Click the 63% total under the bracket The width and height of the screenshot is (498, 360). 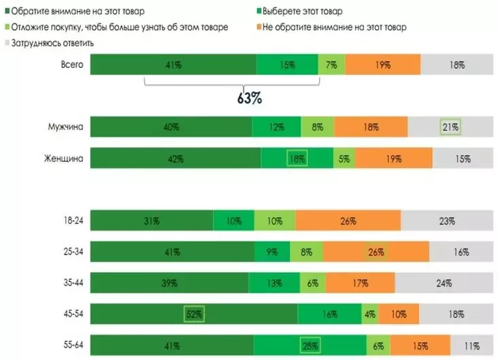pos(249,98)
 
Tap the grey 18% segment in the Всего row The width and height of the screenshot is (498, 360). pos(456,65)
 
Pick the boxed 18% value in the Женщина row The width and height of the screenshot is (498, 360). pos(297,159)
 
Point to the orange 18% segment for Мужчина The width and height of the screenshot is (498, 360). pos(371,127)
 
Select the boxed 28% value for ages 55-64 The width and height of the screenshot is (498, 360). pos(311,345)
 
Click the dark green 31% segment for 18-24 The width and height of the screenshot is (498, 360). pos(151,220)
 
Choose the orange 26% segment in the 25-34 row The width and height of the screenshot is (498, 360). pos(375,252)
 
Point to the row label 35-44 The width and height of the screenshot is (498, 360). pos(73,283)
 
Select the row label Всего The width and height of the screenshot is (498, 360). pos(71,63)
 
